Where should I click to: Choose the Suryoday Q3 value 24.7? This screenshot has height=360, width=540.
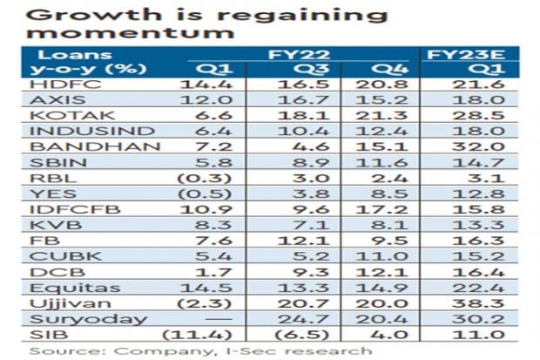coord(294,317)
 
